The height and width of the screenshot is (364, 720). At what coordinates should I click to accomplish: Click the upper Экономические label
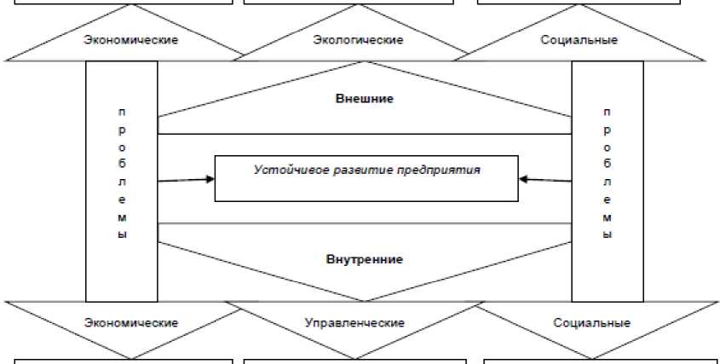tap(131, 41)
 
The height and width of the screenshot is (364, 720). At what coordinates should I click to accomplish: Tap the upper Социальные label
tap(579, 41)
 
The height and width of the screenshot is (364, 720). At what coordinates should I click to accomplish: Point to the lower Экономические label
tap(131, 323)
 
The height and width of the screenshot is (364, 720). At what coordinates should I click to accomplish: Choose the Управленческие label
tap(354, 323)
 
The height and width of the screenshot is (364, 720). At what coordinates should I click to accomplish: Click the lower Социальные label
tap(591, 323)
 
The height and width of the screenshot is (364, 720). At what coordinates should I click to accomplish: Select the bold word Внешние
tap(364, 98)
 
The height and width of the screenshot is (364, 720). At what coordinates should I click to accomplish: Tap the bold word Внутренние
tap(364, 258)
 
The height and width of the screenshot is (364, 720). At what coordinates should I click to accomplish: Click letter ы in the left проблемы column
tap(122, 234)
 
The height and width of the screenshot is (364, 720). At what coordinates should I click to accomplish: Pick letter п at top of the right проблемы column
tap(607, 112)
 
